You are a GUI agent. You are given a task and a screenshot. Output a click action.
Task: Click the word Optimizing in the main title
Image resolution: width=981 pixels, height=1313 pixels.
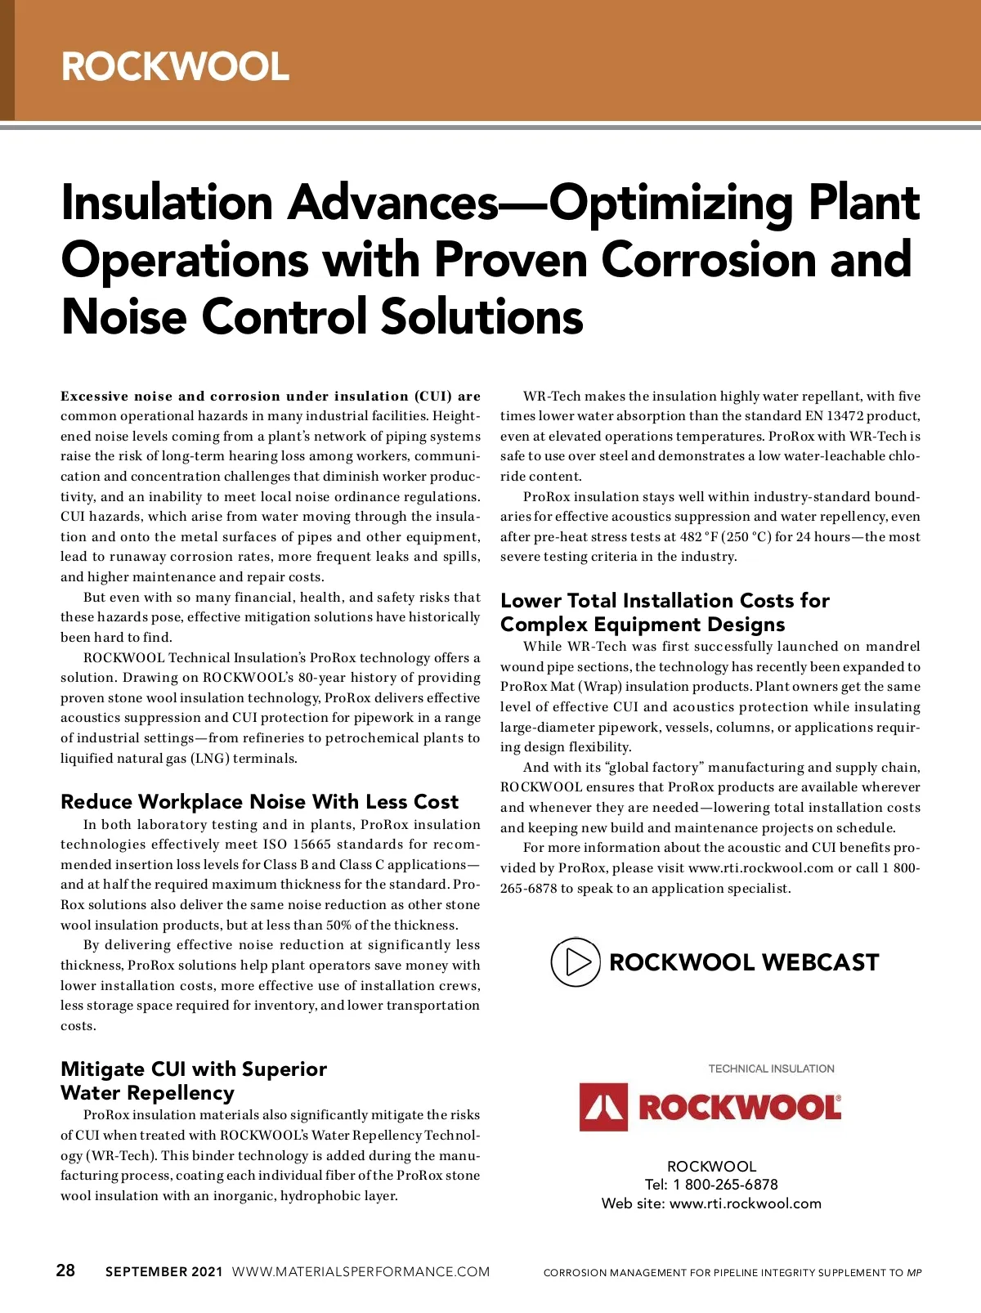tap(670, 203)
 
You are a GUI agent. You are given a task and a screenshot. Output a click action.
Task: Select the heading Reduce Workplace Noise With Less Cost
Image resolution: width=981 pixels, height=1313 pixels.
tap(259, 801)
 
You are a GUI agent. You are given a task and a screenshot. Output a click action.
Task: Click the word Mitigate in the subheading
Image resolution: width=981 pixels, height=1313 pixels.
tap(103, 1069)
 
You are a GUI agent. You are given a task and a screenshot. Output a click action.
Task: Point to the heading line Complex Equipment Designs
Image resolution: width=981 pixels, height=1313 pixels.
tap(643, 625)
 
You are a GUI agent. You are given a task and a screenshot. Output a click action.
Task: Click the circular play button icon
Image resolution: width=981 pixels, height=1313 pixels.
tap(575, 962)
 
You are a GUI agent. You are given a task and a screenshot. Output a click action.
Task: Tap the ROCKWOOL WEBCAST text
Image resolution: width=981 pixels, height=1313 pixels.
tap(744, 962)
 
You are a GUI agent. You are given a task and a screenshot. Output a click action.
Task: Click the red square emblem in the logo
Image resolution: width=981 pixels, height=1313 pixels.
tap(603, 1107)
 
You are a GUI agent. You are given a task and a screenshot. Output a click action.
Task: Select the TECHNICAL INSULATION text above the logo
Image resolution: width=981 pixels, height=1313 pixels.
tap(771, 1069)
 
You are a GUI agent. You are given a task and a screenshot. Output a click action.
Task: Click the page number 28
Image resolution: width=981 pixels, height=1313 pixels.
tap(65, 1270)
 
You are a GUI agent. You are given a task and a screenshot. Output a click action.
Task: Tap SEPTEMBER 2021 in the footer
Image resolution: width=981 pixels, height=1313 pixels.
tap(163, 1271)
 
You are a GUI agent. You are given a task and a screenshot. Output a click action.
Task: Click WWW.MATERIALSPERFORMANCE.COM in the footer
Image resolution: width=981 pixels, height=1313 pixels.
tap(361, 1271)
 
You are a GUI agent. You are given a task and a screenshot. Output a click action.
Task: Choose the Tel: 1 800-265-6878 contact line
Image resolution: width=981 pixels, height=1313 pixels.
tap(711, 1185)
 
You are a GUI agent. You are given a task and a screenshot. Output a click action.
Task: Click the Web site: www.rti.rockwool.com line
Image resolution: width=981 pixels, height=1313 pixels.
tap(711, 1203)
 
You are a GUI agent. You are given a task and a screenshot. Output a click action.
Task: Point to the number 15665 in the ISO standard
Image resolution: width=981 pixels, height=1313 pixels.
tap(311, 845)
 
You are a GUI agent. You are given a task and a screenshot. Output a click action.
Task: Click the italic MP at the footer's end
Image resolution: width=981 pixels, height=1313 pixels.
tap(914, 1273)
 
